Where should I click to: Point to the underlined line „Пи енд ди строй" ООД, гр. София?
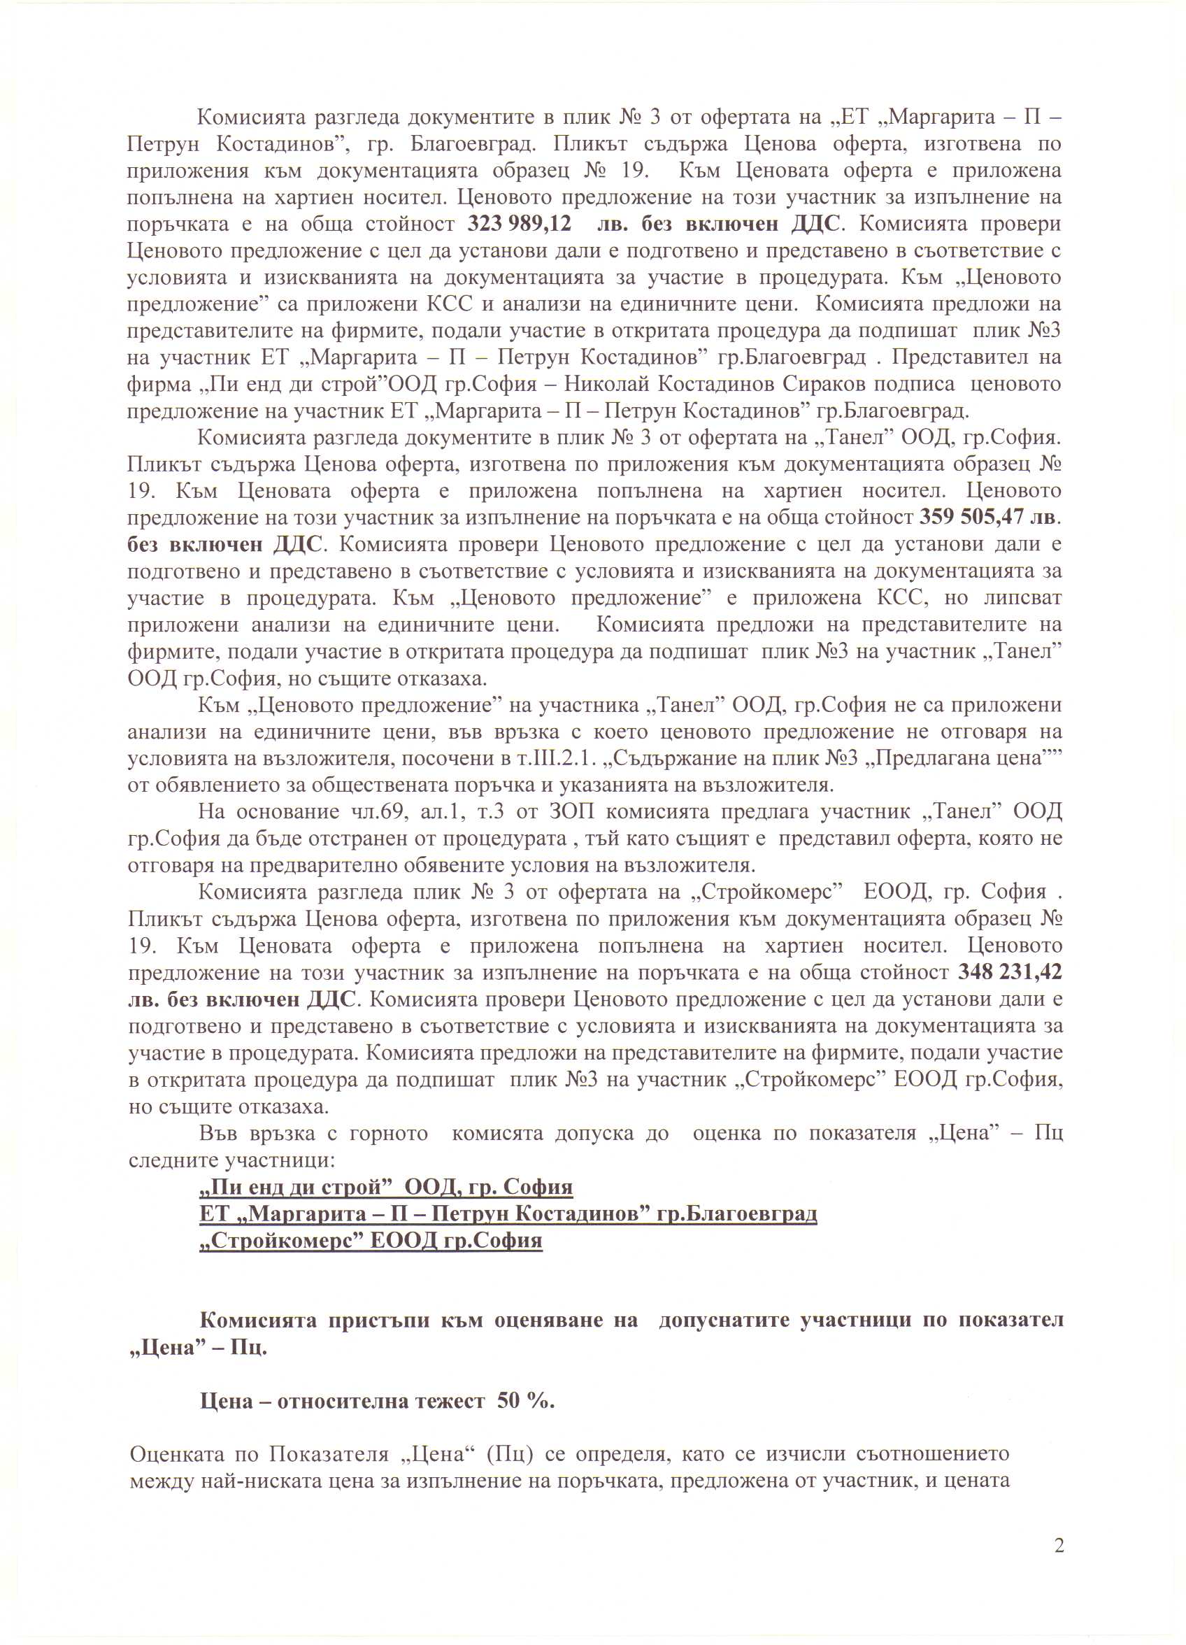(x=386, y=1188)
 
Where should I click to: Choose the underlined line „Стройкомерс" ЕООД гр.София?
(x=371, y=1241)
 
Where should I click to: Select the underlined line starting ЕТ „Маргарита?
(x=508, y=1214)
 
